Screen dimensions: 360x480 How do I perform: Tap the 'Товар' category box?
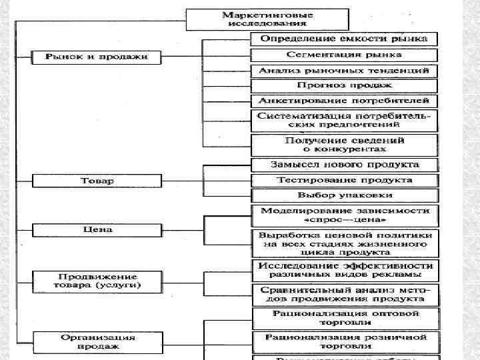[97, 180]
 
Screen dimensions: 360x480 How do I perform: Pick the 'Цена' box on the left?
[97, 229]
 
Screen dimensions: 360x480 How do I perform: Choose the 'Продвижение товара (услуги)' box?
[97, 281]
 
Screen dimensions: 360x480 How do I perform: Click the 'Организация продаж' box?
[97, 341]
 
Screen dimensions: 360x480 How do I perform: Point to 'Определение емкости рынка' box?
[344, 39]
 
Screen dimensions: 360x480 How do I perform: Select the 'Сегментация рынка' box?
[344, 54]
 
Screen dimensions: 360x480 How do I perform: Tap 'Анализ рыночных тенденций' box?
[344, 70]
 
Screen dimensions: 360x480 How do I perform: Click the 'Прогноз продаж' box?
[344, 85]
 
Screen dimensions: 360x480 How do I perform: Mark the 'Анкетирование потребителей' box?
[344, 101]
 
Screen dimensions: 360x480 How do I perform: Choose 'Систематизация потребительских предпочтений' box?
[344, 120]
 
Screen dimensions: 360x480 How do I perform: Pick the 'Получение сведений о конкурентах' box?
[344, 145]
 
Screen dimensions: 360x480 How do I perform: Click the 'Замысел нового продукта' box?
[344, 164]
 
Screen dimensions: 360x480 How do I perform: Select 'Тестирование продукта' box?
[344, 180]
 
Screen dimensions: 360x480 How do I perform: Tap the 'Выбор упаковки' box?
[344, 195]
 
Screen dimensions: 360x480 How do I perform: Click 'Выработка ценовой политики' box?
[344, 243]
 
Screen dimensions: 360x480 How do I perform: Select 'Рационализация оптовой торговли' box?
[344, 317]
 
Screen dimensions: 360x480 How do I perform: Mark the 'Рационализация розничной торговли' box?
[344, 341]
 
